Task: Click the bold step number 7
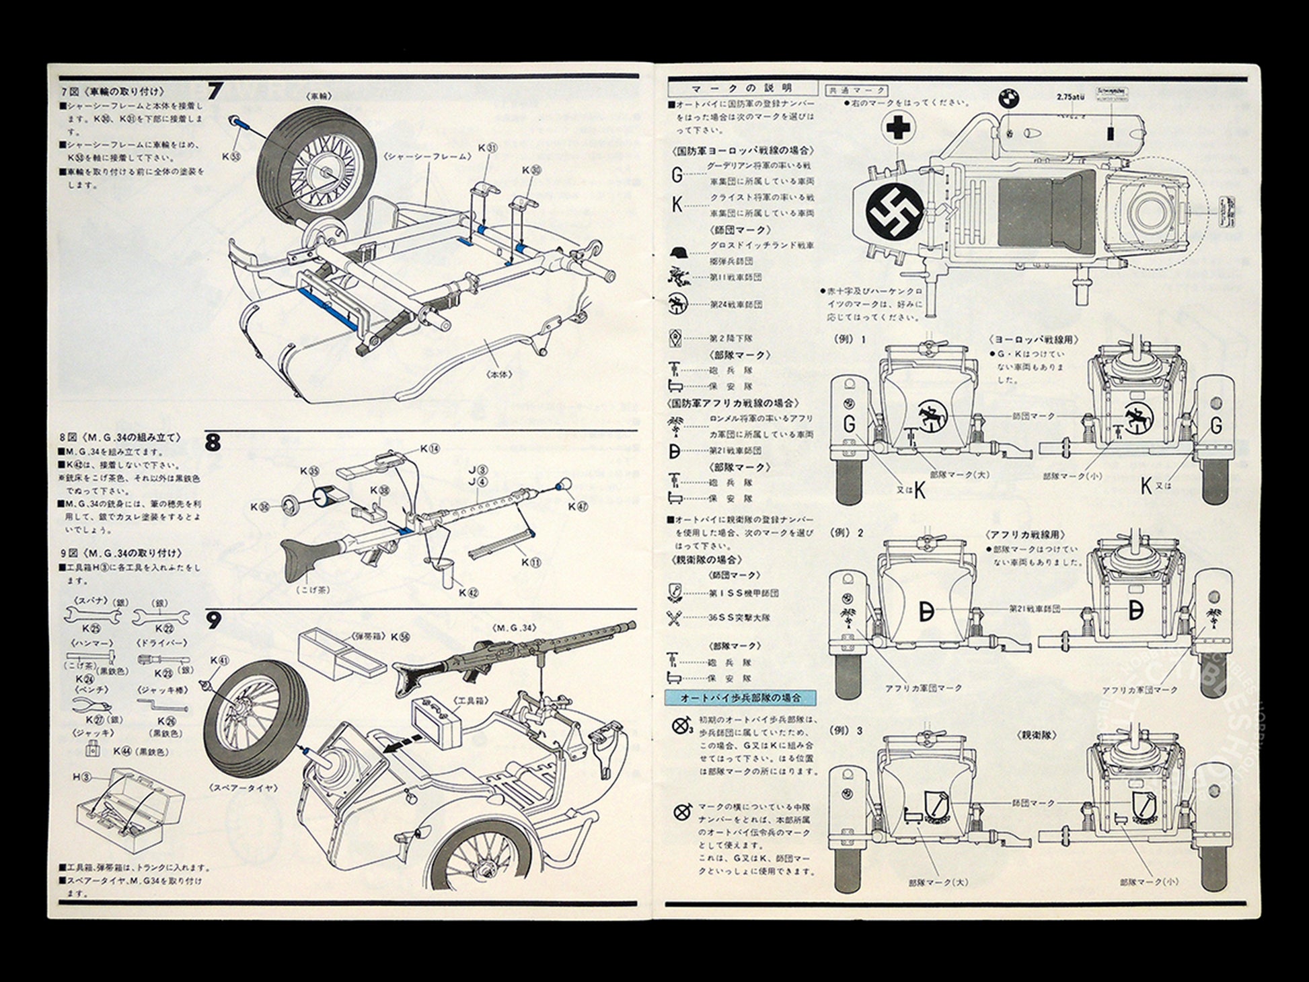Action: [215, 90]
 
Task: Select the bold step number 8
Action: [213, 444]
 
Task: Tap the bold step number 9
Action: [213, 621]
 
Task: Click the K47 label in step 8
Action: [576, 505]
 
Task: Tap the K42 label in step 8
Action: [468, 592]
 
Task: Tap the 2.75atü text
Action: [1070, 96]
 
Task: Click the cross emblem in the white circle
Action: [895, 130]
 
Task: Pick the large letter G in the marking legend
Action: [677, 175]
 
